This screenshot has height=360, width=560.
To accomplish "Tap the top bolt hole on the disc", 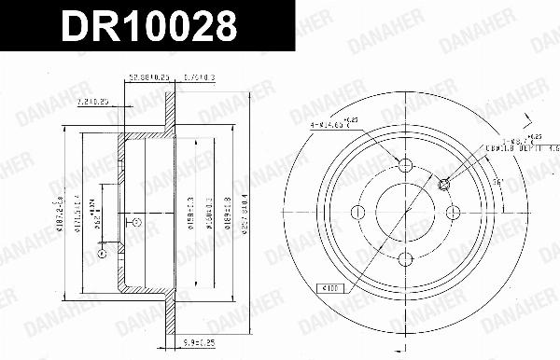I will tap(405, 166).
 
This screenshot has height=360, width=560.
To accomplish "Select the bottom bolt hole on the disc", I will tap(405, 261).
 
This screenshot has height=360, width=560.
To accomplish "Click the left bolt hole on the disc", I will tap(357, 214).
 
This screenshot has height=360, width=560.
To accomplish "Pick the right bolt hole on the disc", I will tap(453, 214).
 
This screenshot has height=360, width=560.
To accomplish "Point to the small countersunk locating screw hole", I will tap(444, 183).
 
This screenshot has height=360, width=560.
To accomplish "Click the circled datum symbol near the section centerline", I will tap(136, 222).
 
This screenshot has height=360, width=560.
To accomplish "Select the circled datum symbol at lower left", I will tap(101, 254).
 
